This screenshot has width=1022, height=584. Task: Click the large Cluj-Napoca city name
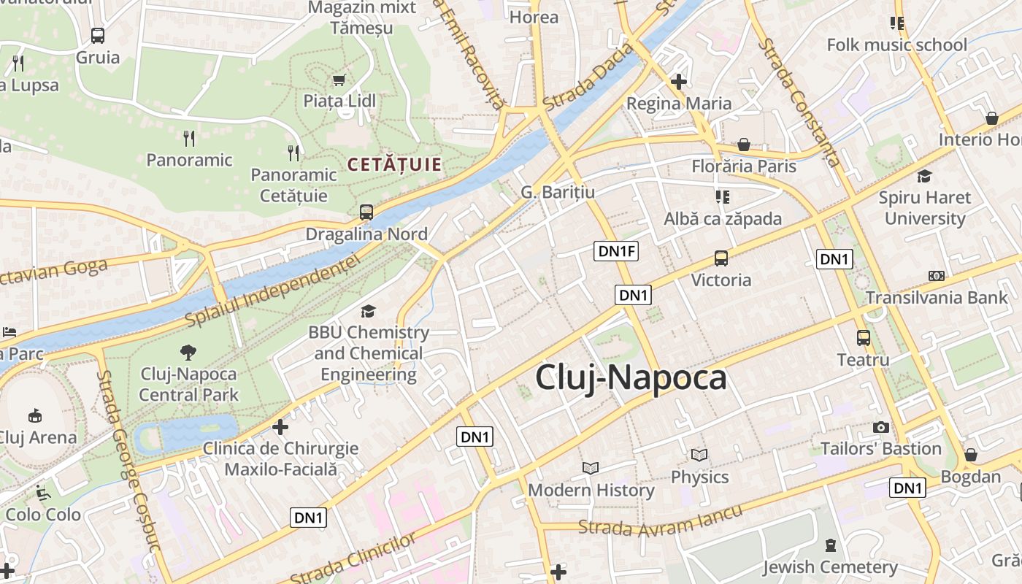631,378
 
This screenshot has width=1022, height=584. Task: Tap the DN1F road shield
617,252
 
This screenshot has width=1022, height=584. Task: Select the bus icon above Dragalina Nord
366,212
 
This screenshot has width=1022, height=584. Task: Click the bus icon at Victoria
721,258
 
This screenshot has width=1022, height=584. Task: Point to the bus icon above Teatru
864,338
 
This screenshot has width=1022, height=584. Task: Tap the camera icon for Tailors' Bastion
881,427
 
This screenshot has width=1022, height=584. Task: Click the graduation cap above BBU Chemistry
368,312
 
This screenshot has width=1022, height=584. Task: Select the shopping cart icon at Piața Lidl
339,80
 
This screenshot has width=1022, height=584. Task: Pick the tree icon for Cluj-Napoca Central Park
188,353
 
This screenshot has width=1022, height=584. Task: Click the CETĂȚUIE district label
394,164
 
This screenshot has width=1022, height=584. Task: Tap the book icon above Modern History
591,468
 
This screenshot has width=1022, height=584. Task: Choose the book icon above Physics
699,456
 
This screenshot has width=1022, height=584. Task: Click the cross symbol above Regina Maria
679,82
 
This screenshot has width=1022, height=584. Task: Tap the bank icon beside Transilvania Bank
937,276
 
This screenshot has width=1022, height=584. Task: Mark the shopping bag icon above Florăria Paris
744,145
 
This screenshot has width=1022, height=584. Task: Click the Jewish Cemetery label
830,567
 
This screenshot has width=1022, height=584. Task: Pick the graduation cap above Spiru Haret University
925,176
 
